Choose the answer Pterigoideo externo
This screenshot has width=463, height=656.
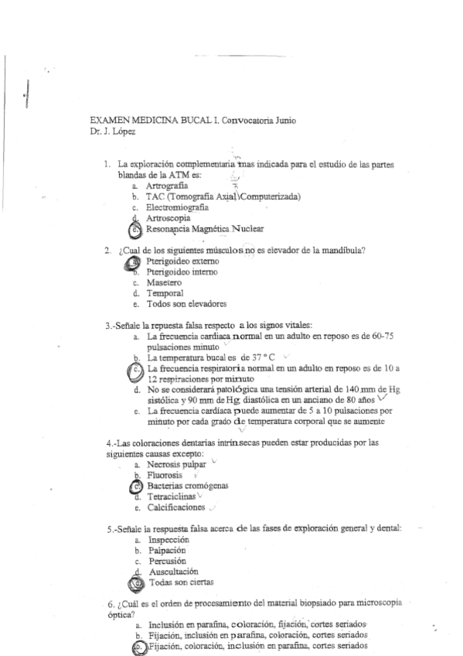180,262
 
